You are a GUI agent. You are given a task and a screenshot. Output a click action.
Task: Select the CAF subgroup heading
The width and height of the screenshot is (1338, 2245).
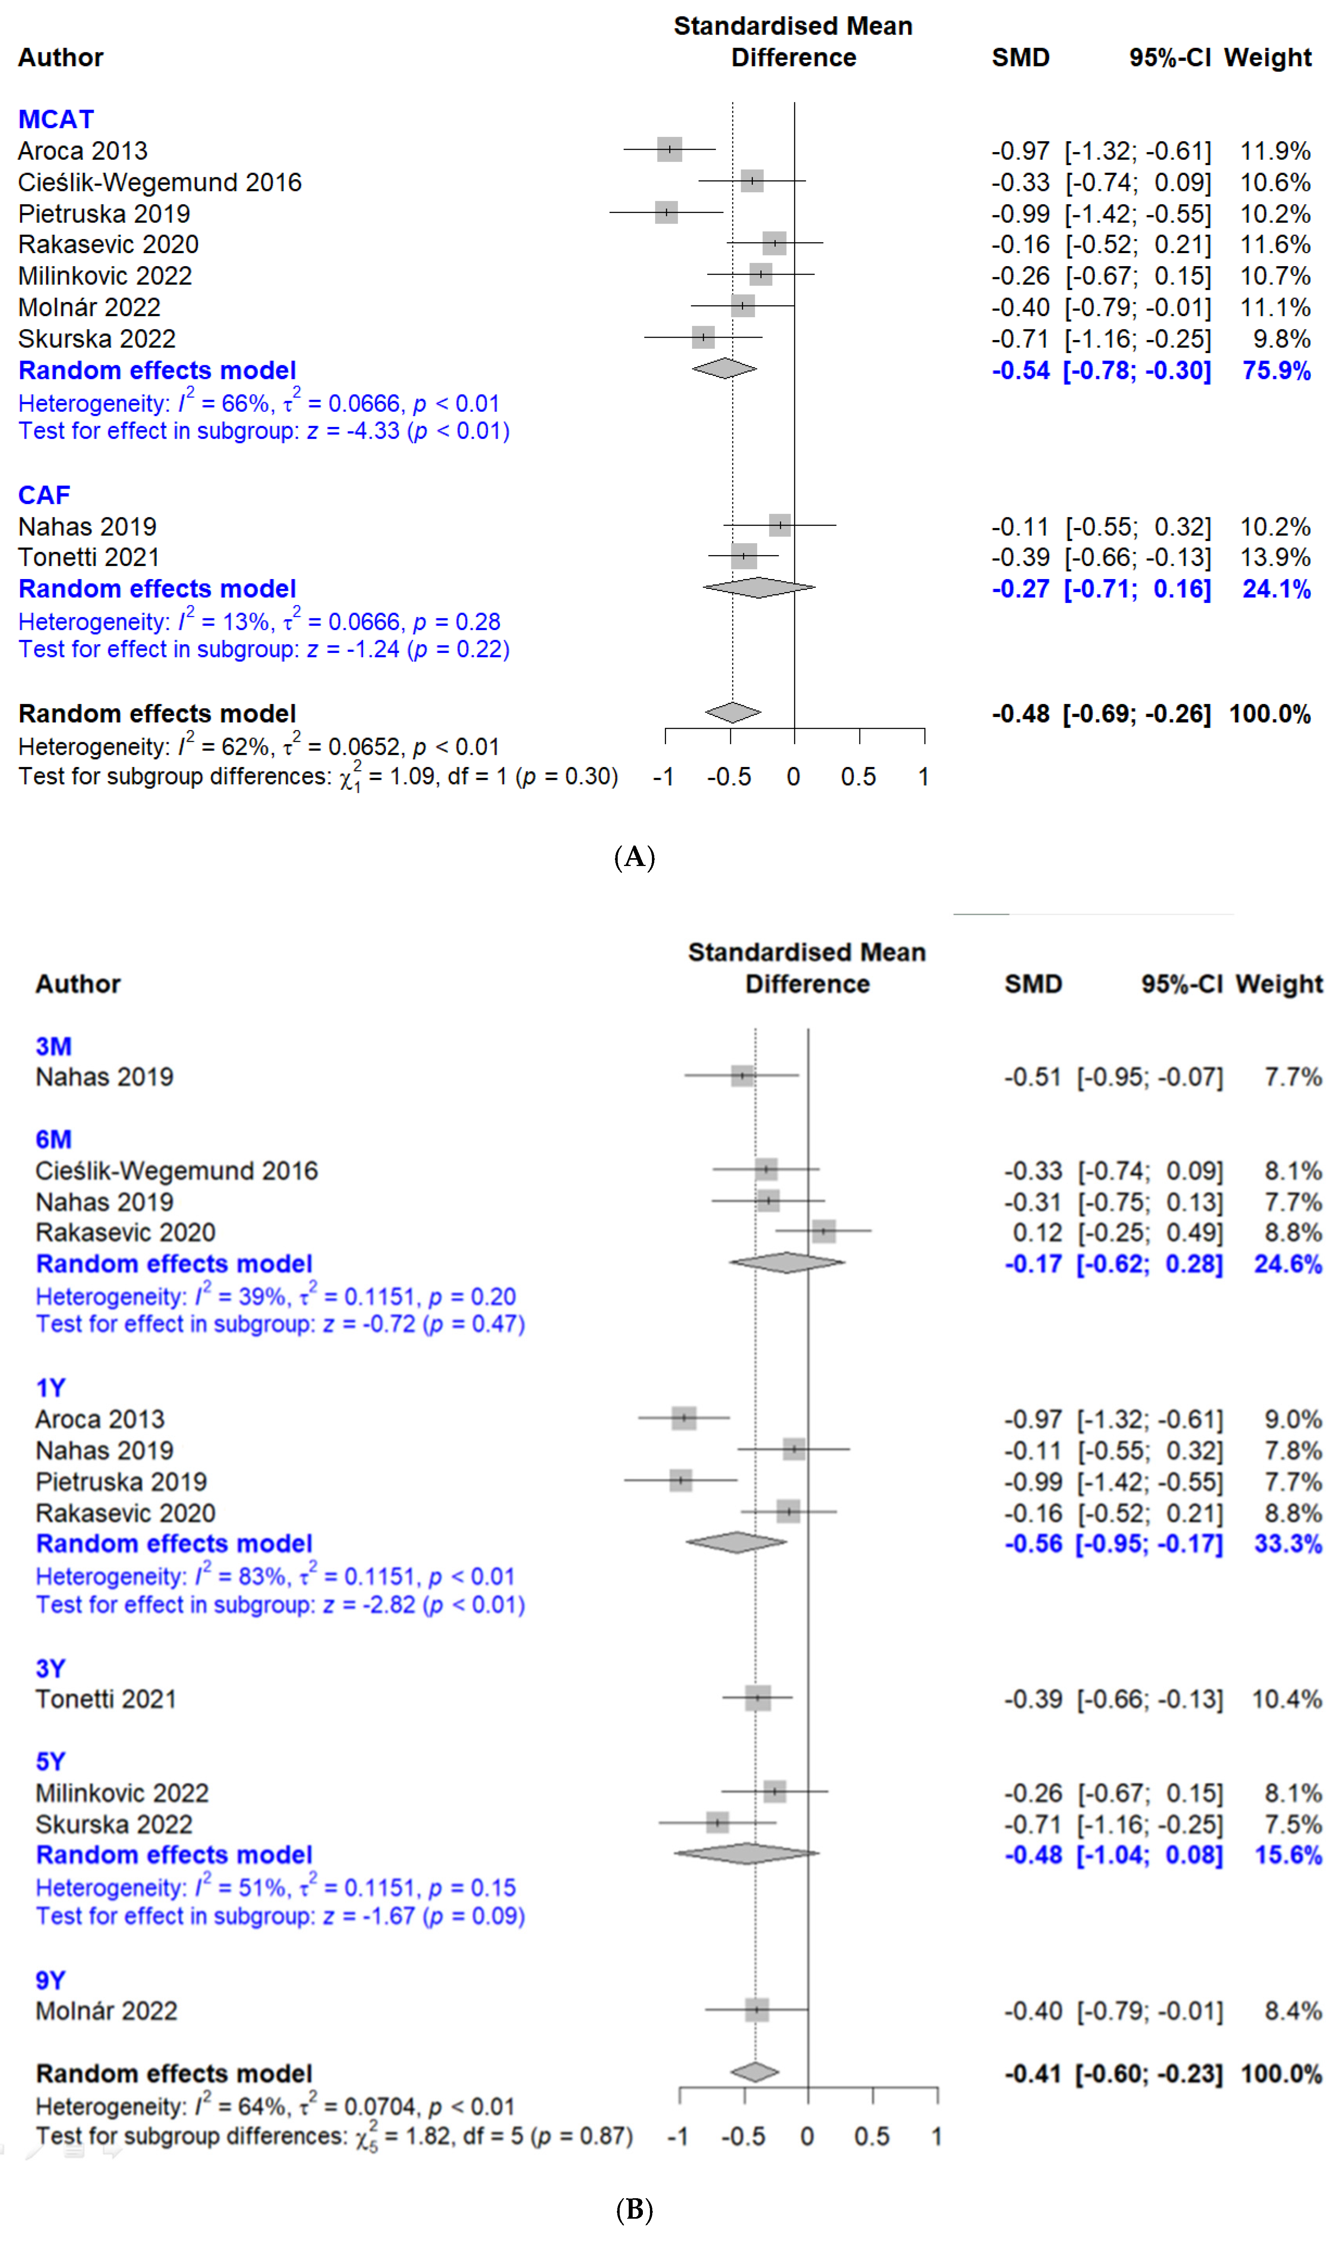click(44, 495)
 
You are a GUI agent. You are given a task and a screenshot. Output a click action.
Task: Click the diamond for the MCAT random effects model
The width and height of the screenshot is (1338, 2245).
click(724, 368)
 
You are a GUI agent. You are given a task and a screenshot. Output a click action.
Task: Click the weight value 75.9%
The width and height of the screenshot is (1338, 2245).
click(1276, 371)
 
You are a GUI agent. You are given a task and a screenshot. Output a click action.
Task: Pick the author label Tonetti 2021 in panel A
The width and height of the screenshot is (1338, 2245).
click(88, 557)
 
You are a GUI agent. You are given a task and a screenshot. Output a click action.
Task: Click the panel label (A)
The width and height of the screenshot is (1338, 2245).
click(635, 857)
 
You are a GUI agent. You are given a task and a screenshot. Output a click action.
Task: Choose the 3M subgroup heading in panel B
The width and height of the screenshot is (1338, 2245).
click(53, 1046)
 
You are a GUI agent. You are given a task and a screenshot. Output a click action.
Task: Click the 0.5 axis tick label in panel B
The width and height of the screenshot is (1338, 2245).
click(872, 2137)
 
